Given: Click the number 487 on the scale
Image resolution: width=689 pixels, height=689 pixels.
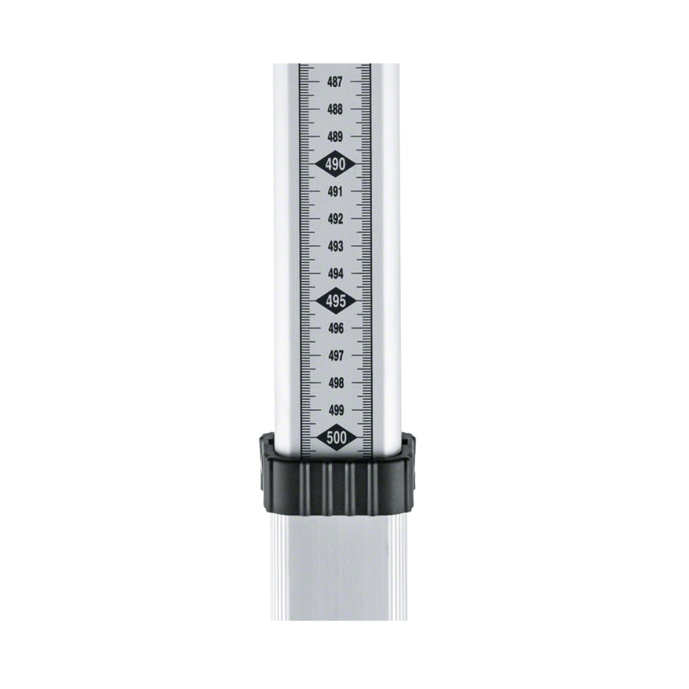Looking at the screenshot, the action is (335, 82).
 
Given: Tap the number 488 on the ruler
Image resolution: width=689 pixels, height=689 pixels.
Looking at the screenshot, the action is (335, 110).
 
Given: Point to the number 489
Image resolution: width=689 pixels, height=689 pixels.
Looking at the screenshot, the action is (335, 137).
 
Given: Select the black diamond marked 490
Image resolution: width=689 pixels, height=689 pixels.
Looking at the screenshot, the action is (335, 164).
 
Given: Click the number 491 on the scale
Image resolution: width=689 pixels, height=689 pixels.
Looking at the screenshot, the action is (335, 192).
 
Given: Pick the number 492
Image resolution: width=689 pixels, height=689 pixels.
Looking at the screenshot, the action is (335, 219).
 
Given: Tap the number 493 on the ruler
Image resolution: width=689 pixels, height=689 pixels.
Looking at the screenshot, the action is (335, 247).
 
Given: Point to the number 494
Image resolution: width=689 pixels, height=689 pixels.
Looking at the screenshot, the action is (335, 274).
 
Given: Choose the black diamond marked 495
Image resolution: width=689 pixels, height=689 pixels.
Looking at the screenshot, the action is (335, 301).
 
